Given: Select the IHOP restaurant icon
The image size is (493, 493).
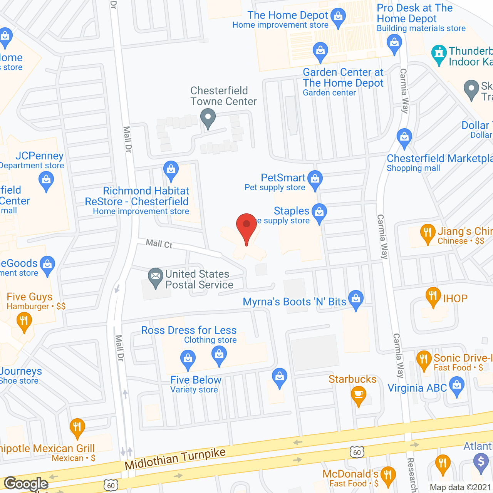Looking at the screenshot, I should (x=433, y=296).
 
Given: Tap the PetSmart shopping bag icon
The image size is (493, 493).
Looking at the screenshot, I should (x=315, y=179).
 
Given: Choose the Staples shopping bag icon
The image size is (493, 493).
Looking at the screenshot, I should (x=319, y=212).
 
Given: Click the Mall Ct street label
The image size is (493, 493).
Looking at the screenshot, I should (x=159, y=244).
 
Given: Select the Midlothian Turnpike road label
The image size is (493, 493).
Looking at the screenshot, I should (x=175, y=458).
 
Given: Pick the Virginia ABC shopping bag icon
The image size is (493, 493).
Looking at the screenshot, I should (x=457, y=386).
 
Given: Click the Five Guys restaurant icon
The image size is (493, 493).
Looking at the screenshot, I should (x=24, y=321).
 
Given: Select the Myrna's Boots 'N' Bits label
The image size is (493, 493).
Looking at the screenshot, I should (x=295, y=302).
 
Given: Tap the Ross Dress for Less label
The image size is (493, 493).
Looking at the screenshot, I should (x=189, y=330).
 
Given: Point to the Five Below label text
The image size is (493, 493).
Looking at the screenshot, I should (x=196, y=380).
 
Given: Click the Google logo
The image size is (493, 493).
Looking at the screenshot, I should (x=26, y=484).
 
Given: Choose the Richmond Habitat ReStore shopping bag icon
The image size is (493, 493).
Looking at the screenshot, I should (x=171, y=170).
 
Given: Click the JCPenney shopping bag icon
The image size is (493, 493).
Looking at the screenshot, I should (x=46, y=181).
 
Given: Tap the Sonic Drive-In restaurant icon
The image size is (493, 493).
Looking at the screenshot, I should (x=424, y=359).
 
